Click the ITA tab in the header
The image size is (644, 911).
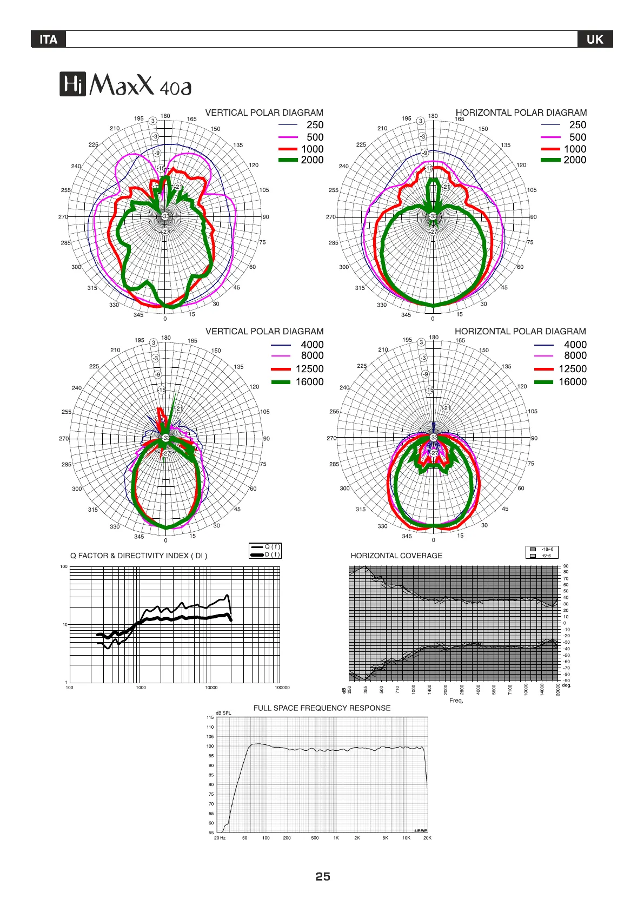[x=48, y=39]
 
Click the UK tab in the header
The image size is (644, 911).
[x=595, y=39]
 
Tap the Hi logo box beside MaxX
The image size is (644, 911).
[x=72, y=85]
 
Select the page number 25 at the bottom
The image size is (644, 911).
[x=323, y=876]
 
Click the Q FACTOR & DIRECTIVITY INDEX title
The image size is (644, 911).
[x=138, y=556]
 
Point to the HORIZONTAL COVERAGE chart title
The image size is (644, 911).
[x=396, y=556]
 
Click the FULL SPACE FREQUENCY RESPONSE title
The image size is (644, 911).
[x=322, y=708]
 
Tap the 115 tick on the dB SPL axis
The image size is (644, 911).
[x=210, y=717]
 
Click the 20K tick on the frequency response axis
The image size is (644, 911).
[x=427, y=838]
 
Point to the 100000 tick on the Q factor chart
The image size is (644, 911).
[x=282, y=688]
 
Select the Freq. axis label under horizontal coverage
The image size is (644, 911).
[x=456, y=701]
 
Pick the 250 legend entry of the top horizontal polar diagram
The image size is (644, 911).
[x=577, y=124]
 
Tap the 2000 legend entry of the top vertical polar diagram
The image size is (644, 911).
[x=312, y=160]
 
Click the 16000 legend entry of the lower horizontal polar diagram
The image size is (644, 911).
[x=572, y=382]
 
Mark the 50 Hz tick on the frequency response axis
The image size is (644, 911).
[x=244, y=838]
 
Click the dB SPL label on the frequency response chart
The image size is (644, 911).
[x=223, y=713]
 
